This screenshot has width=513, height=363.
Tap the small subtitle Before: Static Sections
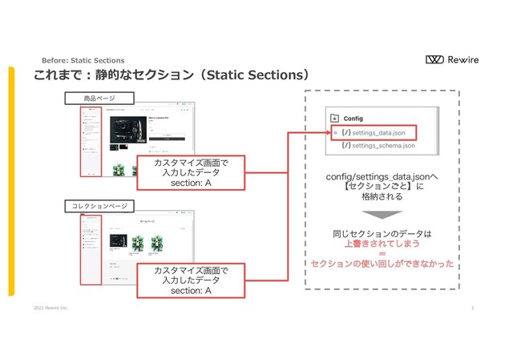click(x=83, y=60)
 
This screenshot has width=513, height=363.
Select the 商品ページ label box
click(x=99, y=99)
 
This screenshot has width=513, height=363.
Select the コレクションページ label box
click(x=99, y=207)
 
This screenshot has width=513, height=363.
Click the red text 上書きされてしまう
click(x=382, y=244)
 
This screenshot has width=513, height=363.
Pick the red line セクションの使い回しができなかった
click(x=382, y=264)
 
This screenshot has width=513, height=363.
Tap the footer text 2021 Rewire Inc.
click(x=50, y=308)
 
